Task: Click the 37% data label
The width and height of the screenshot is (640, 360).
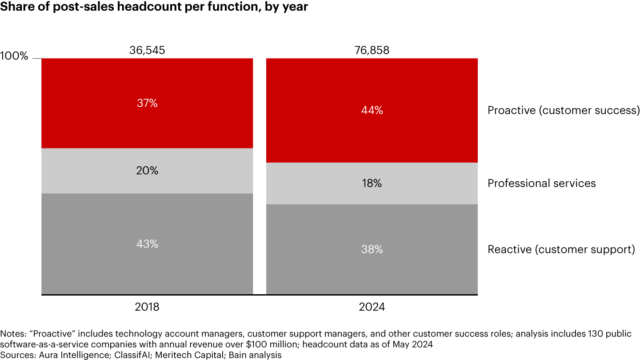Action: pyautogui.click(x=147, y=103)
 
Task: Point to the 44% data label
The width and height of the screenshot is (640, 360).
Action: pyautogui.click(x=372, y=110)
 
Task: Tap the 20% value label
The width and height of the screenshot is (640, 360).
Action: pyautogui.click(x=147, y=171)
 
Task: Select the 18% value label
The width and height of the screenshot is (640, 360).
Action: pyautogui.click(x=372, y=183)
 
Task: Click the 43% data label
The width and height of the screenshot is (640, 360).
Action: pyautogui.click(x=147, y=244)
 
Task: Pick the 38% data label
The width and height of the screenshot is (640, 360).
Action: pyautogui.click(x=372, y=249)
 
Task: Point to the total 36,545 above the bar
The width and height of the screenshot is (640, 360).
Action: pyautogui.click(x=147, y=50)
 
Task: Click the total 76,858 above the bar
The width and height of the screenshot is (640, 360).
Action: pyautogui.click(x=372, y=50)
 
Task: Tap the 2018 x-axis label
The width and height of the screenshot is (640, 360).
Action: pyautogui.click(x=147, y=307)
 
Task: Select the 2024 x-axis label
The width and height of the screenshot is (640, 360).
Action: pyautogui.click(x=372, y=307)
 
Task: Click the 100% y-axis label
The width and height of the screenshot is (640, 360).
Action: pyautogui.click(x=14, y=56)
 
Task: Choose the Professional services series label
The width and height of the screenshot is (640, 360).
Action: pyautogui.click(x=541, y=183)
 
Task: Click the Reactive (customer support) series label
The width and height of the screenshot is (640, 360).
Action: pyautogui.click(x=561, y=249)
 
